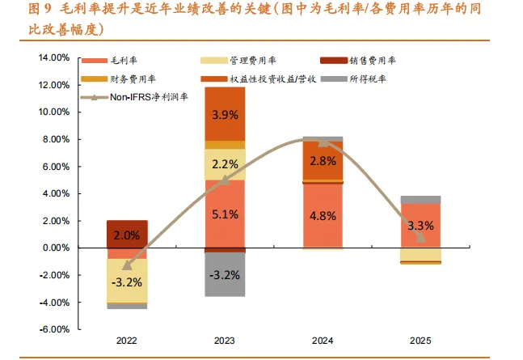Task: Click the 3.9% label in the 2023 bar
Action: (x=226, y=115)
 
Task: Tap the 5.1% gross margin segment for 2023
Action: (x=226, y=214)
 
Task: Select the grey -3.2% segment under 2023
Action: (x=226, y=274)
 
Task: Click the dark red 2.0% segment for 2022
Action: (x=127, y=234)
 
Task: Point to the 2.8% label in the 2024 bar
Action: (x=323, y=161)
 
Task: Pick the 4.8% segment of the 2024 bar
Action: (x=323, y=216)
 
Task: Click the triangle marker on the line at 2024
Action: (x=323, y=142)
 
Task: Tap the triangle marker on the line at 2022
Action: (x=127, y=265)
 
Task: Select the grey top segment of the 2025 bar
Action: (x=420, y=200)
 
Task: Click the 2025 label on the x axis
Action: (x=420, y=341)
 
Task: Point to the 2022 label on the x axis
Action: (x=127, y=341)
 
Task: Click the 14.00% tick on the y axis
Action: (x=54, y=57)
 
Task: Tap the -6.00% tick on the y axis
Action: (x=55, y=329)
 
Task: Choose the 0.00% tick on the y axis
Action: (x=56, y=248)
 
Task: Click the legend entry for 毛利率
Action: (x=109, y=61)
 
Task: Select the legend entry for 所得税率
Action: (x=353, y=79)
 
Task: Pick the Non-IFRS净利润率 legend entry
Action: (x=134, y=97)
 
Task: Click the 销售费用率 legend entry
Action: (x=358, y=61)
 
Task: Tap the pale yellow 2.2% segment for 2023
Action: (x=226, y=164)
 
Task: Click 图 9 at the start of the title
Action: (x=40, y=9)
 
